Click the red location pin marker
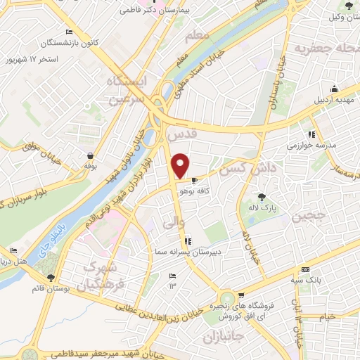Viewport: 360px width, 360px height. pos(181,165)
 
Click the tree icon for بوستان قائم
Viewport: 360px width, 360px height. pos(49,277)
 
